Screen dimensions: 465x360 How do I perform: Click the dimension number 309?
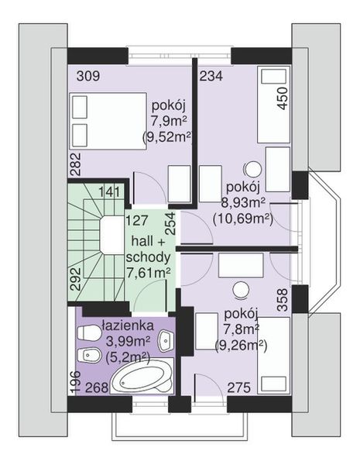[x=88, y=76]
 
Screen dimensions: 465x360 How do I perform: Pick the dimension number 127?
[x=138, y=219]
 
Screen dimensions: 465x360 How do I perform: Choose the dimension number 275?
[x=240, y=388]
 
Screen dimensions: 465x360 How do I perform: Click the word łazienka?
[x=126, y=326]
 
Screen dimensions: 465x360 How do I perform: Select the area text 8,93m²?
[x=242, y=202]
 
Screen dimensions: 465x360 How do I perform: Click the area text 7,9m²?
[x=167, y=122]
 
